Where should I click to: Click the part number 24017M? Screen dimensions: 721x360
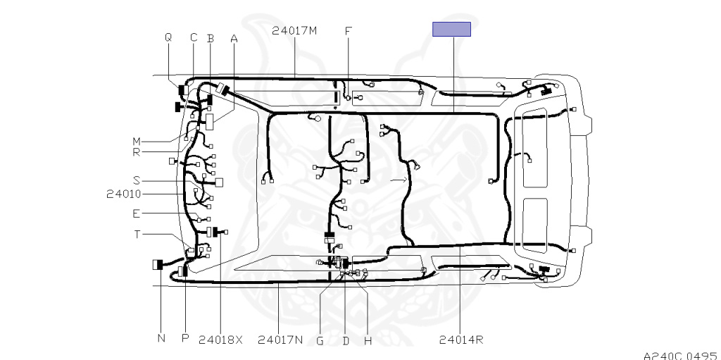click(294, 31)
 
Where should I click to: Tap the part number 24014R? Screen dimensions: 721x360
click(461, 340)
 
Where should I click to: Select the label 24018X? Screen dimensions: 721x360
click(220, 340)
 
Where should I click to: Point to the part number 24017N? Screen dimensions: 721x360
click(280, 340)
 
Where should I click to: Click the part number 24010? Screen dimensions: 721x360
click(124, 194)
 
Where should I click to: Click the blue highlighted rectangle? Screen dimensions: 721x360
click(451, 29)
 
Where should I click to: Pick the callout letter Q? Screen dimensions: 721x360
click(168, 38)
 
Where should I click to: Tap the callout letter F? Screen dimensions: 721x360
click(348, 31)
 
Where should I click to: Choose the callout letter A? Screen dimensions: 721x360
click(234, 39)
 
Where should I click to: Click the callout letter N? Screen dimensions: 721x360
click(161, 338)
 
